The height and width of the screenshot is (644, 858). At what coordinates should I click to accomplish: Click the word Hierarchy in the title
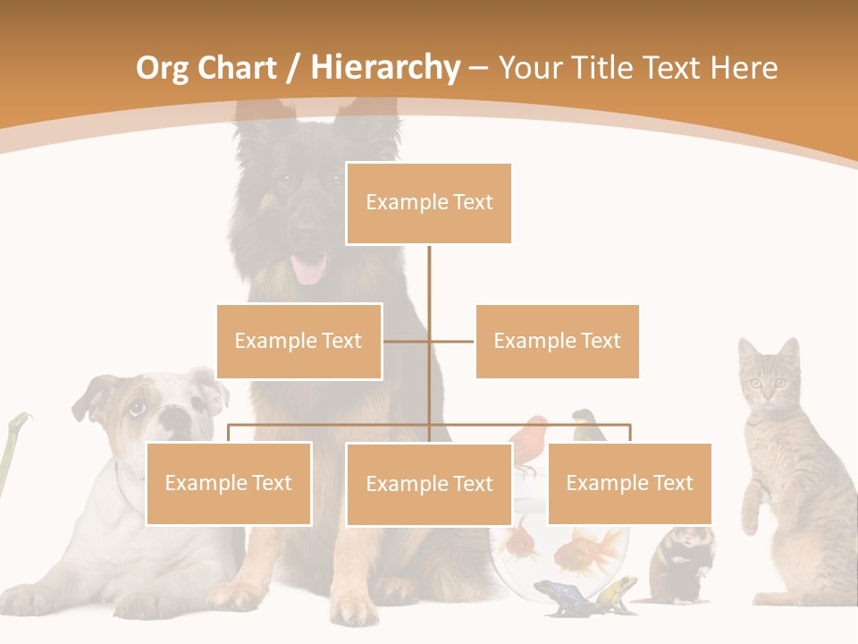(x=385, y=68)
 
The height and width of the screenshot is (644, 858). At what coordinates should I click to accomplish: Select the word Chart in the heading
(x=238, y=68)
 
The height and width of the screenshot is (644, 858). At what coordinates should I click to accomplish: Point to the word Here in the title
(x=744, y=68)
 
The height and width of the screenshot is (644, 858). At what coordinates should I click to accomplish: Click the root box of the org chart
(x=429, y=203)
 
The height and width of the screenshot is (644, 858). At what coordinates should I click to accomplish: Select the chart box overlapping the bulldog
(x=229, y=484)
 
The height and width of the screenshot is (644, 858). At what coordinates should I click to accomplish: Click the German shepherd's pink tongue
(x=309, y=268)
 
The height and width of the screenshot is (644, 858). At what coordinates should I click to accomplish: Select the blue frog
(x=558, y=595)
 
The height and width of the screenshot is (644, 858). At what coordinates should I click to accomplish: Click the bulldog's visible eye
(x=136, y=409)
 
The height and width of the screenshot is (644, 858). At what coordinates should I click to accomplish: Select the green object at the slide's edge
(x=11, y=447)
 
